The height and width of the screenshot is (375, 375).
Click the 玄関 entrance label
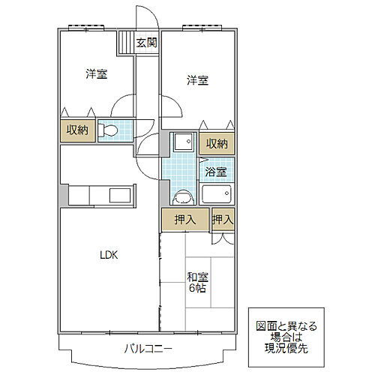pos(145,43)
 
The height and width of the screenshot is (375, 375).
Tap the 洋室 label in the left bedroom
pos(95,73)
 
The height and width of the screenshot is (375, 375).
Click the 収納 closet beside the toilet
pos(78,130)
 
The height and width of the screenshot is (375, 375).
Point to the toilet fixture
pos(109,131)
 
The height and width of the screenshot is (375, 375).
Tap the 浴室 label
pos(217,171)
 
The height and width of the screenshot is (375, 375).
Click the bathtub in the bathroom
pos(217,195)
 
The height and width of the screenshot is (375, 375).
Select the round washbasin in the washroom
pos(180,197)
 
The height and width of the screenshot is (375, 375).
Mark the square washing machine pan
pos(180,142)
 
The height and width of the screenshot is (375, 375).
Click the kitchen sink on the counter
pos(119,197)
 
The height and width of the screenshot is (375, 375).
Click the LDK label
pos(110,255)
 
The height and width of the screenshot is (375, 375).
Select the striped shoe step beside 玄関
pos(124,43)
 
